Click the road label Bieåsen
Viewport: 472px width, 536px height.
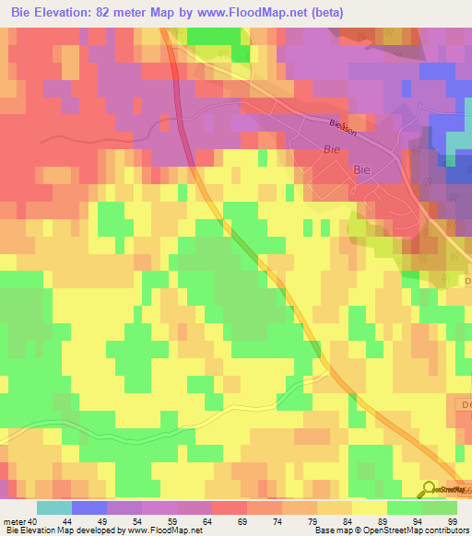coord(342,125)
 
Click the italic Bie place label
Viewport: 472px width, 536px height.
coord(332,148)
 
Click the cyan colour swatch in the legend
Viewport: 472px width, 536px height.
coord(54,507)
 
